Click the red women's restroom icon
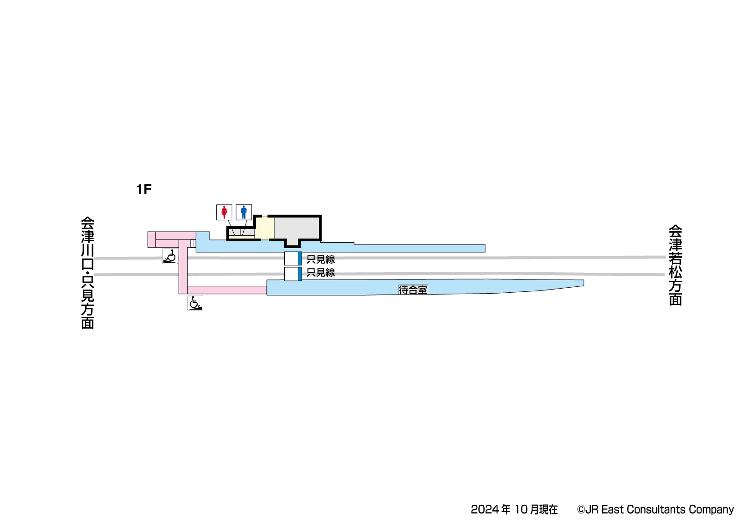pos(224,212)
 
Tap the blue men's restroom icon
pos(244,212)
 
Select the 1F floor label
pos(143,189)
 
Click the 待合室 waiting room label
pos(413,290)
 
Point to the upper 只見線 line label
pos(321,259)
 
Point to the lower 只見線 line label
pos(321,272)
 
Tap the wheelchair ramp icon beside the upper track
pos(170,256)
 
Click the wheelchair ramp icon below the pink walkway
pos(195,303)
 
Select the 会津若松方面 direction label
pos(675,265)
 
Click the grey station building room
pos(296,228)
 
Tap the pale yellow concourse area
pos(264,228)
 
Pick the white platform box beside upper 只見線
pos(291,259)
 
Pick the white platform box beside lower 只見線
pos(291,274)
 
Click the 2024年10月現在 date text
pos(514,509)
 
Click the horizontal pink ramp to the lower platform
pos(227,290)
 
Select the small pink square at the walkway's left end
pos(152,239)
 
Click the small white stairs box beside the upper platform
pos(193,244)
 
